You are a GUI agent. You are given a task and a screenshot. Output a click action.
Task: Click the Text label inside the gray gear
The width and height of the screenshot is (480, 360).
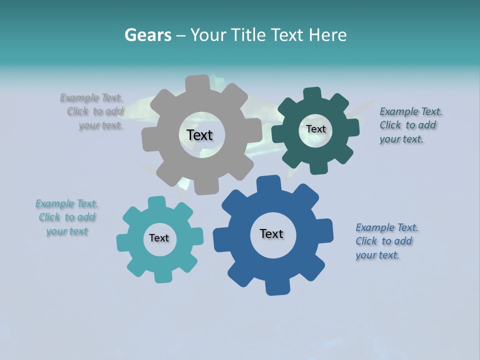pos(199,135)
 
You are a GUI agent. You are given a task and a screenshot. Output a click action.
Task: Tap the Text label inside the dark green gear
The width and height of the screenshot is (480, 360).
pos(315,129)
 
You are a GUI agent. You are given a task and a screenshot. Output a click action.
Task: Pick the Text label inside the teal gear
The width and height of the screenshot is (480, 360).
pos(159,238)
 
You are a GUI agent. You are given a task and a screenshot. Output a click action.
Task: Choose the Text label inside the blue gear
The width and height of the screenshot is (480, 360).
pos(271,233)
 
